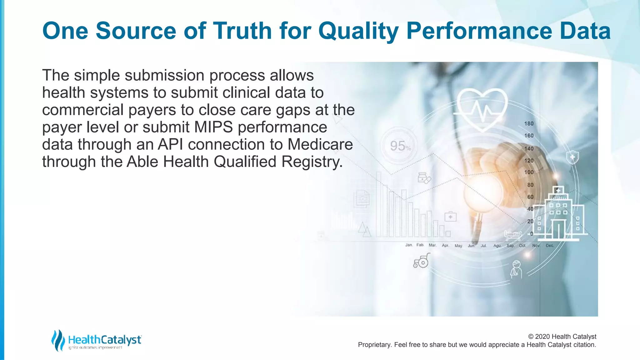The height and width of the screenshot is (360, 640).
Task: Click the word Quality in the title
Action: tap(358, 31)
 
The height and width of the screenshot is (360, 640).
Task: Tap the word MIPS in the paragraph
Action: tap(213, 127)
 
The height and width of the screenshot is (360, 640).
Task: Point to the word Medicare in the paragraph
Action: tap(320, 144)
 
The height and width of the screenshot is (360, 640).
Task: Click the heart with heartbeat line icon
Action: tap(482, 106)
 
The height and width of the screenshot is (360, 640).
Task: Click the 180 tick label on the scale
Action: tap(529, 124)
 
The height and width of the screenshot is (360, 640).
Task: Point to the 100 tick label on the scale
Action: tap(529, 172)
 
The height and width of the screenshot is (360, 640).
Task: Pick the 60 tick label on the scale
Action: tap(530, 197)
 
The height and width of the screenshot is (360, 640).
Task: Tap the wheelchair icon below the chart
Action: tap(421, 261)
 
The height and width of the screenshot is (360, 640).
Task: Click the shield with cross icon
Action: tap(572, 157)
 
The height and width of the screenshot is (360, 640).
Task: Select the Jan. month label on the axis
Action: tap(409, 245)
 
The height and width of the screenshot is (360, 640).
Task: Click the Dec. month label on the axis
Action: tap(550, 246)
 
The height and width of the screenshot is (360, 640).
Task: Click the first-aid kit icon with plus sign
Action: tap(450, 217)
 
